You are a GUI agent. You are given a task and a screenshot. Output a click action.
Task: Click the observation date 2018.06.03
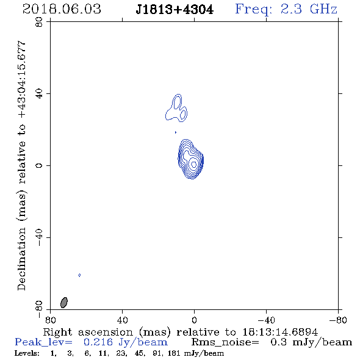pyautogui.click(x=62, y=9)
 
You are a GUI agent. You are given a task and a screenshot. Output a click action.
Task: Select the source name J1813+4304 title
pyautogui.click(x=175, y=10)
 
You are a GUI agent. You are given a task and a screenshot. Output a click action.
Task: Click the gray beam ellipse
pyautogui.click(x=64, y=303)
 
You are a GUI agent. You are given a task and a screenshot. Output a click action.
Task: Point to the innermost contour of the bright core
pyautogui.click(x=194, y=164)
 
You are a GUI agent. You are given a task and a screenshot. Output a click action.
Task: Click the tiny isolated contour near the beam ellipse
pyautogui.click(x=79, y=275)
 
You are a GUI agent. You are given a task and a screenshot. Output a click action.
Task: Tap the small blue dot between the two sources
pyautogui.click(x=176, y=132)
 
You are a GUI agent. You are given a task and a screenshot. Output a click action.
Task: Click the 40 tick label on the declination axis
pyautogui.click(x=39, y=94)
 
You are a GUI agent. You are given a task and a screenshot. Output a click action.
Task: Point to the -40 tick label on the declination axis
pyautogui.click(x=39, y=237)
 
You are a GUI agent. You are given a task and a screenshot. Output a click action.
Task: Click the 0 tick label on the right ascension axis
pyautogui.click(x=194, y=320)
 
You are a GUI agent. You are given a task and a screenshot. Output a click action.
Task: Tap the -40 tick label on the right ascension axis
pyautogui.click(x=266, y=320)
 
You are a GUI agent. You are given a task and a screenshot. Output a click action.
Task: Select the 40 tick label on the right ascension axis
pyautogui.click(x=122, y=320)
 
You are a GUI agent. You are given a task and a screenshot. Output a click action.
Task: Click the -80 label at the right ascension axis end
pyautogui.click(x=338, y=320)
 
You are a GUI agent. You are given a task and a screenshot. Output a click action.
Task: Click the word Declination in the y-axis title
pyautogui.click(x=21, y=259)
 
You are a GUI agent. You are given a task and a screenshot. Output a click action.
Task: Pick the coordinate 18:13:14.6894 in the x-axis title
pyautogui.click(x=280, y=332)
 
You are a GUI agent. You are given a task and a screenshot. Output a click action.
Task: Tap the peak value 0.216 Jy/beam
pyautogui.click(x=126, y=342)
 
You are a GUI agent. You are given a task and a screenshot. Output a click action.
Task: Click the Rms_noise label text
pyautogui.click(x=225, y=342)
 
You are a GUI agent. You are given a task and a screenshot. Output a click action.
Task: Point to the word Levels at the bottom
pyautogui.click(x=27, y=353)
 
